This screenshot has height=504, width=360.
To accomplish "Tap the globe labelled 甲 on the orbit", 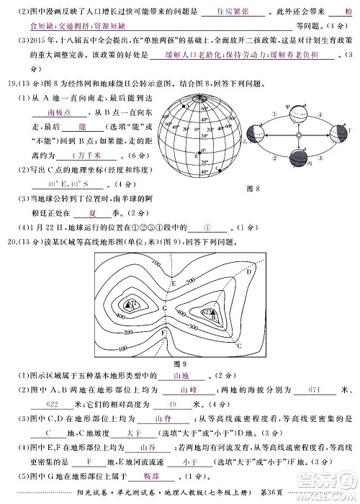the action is coord(291,112).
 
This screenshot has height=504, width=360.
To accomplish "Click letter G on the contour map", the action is coord(165,308).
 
